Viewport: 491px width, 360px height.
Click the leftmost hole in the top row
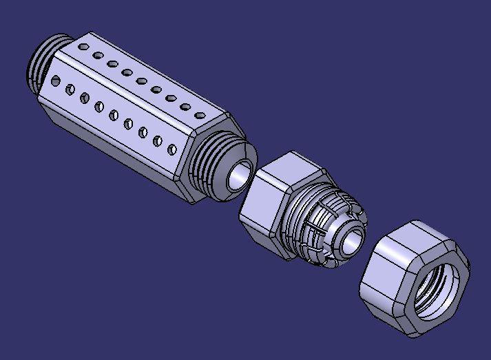(x=83, y=47)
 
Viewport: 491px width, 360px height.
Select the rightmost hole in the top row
(x=200, y=115)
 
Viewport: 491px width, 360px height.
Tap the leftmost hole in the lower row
(x=56, y=81)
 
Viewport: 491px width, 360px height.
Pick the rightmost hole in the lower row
(x=172, y=149)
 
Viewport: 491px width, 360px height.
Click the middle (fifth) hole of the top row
(x=142, y=81)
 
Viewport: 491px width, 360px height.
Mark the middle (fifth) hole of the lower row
(x=114, y=115)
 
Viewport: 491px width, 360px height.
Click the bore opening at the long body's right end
(x=240, y=177)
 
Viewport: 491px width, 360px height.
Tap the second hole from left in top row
(x=98, y=55)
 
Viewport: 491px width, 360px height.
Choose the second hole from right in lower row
(x=158, y=140)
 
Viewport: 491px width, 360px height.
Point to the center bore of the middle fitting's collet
(x=351, y=240)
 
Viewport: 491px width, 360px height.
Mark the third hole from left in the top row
(x=112, y=64)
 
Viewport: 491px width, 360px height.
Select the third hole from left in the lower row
(x=85, y=98)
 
